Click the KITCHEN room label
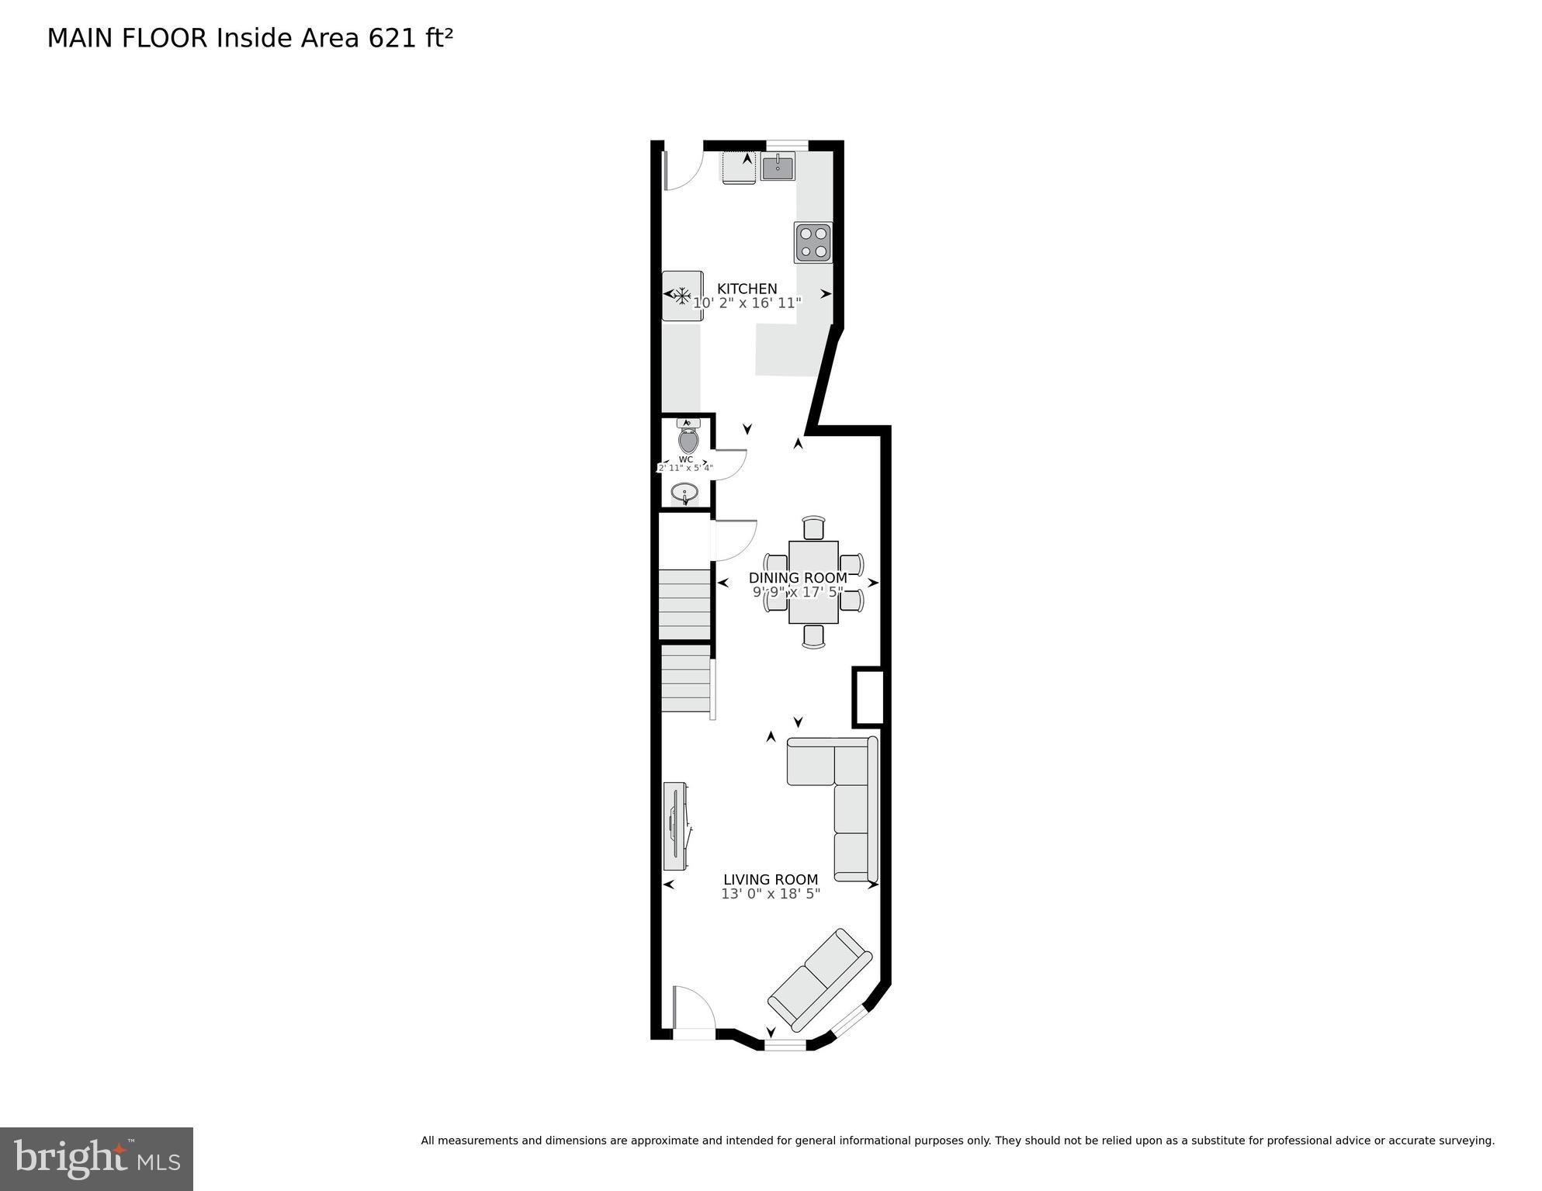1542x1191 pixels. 747,289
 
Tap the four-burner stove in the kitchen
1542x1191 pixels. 813,242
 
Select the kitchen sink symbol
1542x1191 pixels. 778,167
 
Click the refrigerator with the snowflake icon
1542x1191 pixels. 682,296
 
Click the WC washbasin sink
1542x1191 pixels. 684,493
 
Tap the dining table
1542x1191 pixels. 813,582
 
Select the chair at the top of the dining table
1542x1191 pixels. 813,528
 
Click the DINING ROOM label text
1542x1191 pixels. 797,578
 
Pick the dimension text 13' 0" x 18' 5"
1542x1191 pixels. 770,894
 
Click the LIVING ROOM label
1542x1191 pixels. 770,879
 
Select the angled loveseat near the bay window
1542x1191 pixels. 820,977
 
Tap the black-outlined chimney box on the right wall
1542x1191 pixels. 868,697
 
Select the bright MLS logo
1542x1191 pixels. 96,1158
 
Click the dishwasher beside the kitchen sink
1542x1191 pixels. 739,167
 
